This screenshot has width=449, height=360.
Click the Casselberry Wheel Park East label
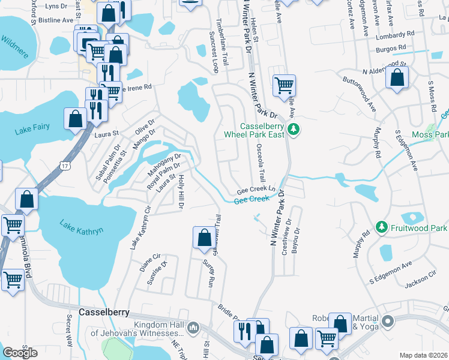[x=262, y=130]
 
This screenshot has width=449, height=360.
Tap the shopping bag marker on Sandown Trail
[x=204, y=237]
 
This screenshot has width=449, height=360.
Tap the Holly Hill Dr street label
[x=180, y=193]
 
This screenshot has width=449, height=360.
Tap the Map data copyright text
[x=423, y=355]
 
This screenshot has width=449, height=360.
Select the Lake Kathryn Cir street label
[x=139, y=228]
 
